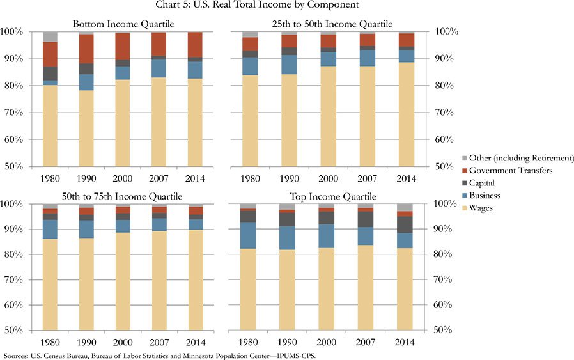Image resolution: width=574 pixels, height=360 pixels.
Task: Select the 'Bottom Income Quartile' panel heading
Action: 123,24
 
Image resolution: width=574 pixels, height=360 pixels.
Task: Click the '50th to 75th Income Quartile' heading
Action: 123,196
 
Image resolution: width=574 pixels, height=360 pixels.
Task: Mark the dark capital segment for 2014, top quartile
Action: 405,224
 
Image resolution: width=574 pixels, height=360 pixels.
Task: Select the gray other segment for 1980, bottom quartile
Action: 50,36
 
